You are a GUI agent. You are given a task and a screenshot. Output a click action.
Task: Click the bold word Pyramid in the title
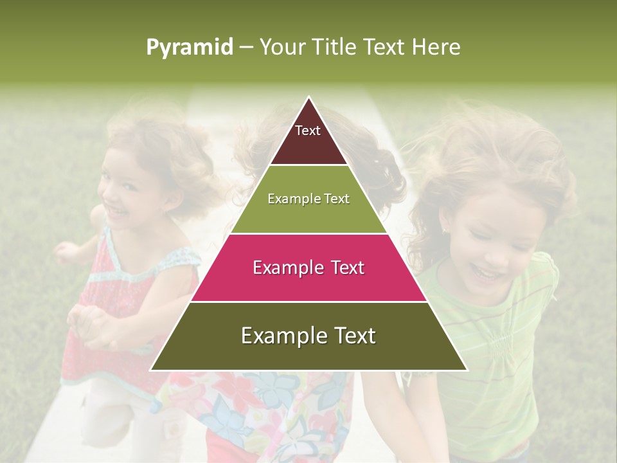(x=190, y=48)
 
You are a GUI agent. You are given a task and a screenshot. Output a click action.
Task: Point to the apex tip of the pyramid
(x=308, y=98)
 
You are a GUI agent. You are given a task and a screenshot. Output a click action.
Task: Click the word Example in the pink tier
(x=285, y=268)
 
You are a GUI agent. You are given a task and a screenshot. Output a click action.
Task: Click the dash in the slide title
(x=246, y=48)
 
